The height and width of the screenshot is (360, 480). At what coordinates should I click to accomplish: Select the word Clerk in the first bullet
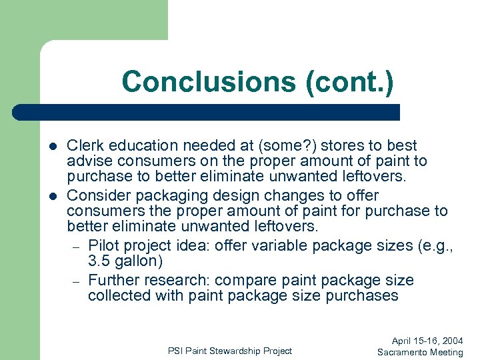[85, 145]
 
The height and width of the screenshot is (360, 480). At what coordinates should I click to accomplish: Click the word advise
[88, 161]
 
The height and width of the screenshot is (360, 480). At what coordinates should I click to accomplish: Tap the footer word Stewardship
[229, 351]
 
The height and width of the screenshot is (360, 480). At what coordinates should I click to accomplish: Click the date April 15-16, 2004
[427, 341]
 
